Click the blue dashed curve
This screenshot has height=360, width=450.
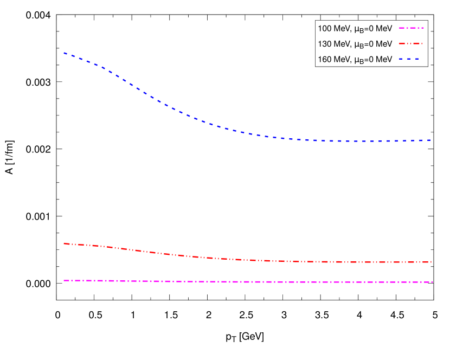(179, 112)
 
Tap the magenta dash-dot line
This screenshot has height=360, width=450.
(244, 282)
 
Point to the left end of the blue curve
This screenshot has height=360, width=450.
(64, 53)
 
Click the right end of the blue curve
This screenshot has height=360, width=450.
(430, 140)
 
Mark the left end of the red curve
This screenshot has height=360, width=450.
(64, 243)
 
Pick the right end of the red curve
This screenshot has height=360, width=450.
(431, 262)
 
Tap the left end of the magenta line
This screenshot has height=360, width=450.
(64, 280)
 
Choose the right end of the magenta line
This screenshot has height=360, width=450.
(433, 282)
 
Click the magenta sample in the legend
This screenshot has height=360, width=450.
(412, 28)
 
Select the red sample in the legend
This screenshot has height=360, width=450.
(410, 43)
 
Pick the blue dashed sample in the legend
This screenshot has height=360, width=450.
(409, 59)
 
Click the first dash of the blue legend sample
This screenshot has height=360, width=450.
(401, 59)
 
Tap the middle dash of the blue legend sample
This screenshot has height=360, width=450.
(409, 59)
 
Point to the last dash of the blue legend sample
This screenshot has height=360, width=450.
(416, 59)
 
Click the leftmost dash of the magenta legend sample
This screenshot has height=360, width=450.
(402, 28)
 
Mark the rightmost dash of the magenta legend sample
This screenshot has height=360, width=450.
(423, 28)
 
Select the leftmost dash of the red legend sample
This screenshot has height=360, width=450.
(401, 43)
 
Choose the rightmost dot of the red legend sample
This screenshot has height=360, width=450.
(421, 43)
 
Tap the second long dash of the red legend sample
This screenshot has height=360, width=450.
(416, 43)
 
